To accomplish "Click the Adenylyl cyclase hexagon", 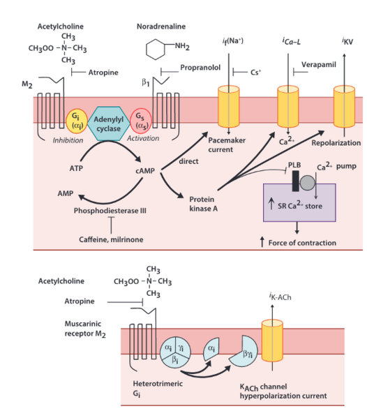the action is click(108, 124).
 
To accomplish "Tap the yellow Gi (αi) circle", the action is click(76, 121).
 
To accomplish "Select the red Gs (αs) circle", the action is click(141, 121).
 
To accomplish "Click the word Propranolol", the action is click(200, 68).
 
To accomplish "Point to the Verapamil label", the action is click(318, 64).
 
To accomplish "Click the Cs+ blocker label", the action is click(255, 73).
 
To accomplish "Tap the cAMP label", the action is click(145, 171).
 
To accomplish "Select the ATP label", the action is click(76, 168).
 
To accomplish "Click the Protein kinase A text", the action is click(203, 204).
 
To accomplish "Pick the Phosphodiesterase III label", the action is click(110, 211).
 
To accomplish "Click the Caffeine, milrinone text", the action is click(111, 239).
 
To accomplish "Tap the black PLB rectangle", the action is click(295, 181).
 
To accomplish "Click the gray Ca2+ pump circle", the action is click(307, 183).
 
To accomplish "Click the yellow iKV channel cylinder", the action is click(344, 107).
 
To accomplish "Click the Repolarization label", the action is click(336, 143).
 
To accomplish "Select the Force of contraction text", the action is click(302, 243).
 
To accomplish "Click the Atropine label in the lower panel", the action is click(80, 301).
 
